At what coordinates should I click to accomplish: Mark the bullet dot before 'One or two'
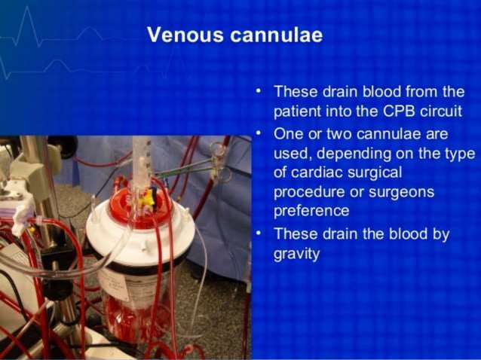(258, 134)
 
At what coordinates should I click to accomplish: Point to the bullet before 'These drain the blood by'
(258, 233)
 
